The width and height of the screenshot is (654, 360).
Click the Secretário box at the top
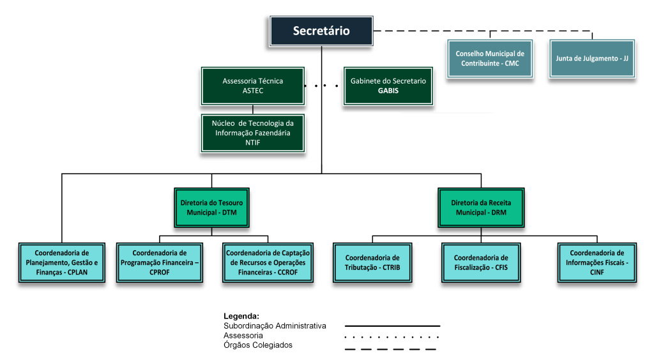(x=321, y=31)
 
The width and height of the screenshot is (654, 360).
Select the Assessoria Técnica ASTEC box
(x=252, y=86)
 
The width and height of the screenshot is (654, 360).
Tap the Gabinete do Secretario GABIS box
(x=388, y=86)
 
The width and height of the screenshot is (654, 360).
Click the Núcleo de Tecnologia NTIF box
(x=252, y=133)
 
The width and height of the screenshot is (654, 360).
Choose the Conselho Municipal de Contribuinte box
(x=489, y=58)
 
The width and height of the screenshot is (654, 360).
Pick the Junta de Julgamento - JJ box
(x=592, y=58)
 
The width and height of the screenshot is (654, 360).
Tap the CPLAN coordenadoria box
(x=61, y=262)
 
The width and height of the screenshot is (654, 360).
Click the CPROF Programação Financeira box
(x=160, y=262)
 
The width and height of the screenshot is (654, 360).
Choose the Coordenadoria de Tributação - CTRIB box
(x=372, y=262)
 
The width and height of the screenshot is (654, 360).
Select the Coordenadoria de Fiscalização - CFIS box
(x=480, y=262)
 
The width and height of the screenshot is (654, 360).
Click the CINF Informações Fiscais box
(x=597, y=262)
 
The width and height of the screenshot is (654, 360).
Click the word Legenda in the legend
(x=241, y=316)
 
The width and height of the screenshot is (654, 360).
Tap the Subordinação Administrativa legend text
(x=275, y=326)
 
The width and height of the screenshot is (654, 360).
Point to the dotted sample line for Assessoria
(x=392, y=336)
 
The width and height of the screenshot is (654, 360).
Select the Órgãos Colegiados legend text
(x=258, y=345)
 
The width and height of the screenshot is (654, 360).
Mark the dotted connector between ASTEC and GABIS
(x=321, y=85)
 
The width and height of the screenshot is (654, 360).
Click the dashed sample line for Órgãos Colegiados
(x=390, y=349)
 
